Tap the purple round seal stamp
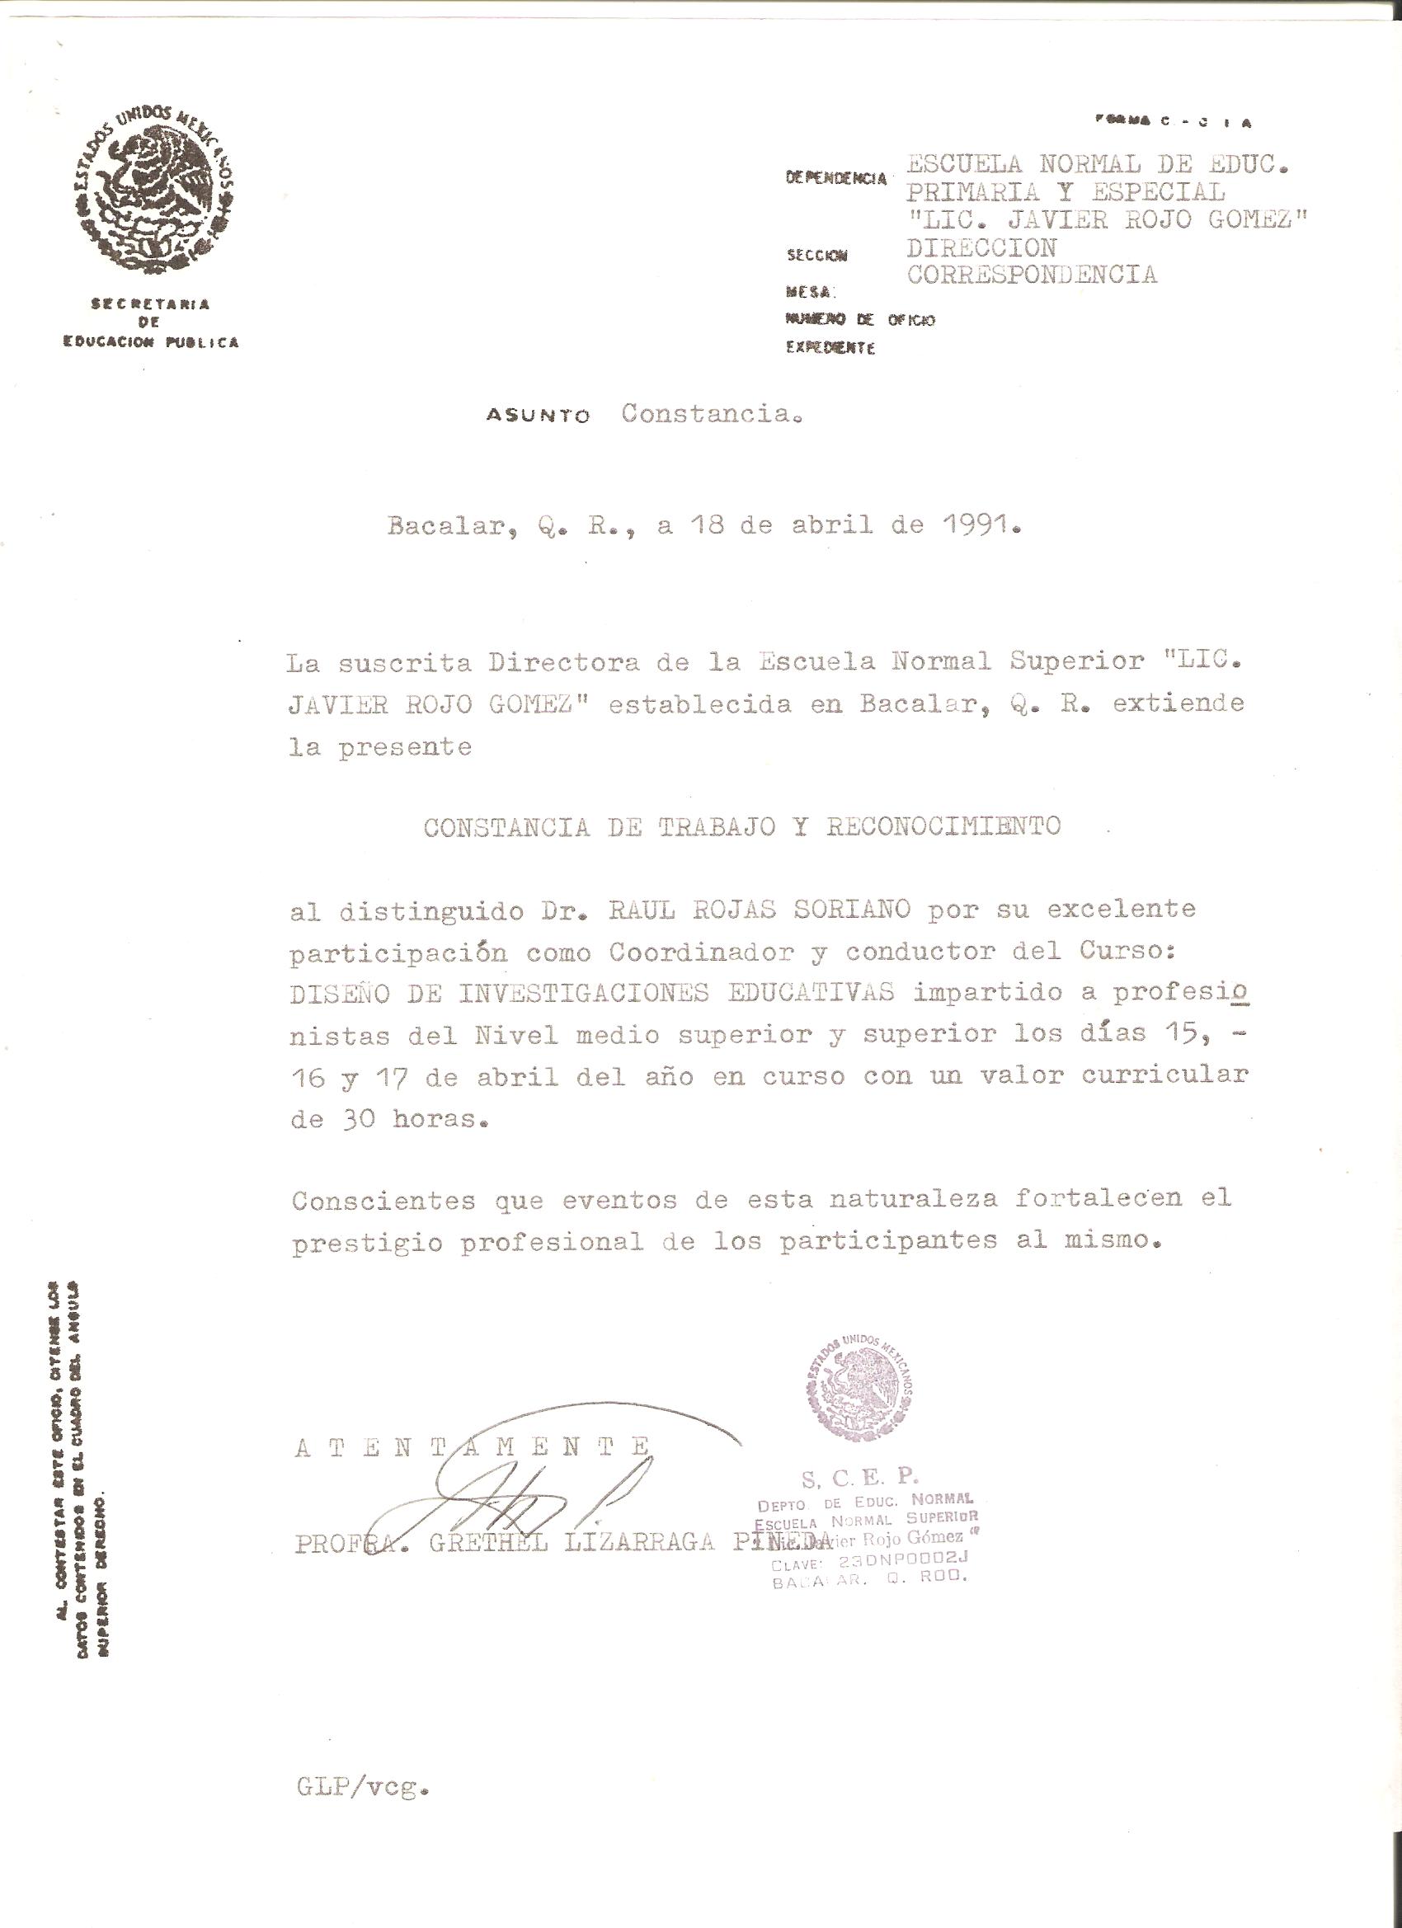859,1388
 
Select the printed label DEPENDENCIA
835,178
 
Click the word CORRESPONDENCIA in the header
1032,275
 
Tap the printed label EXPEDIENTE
830,349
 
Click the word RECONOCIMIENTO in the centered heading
943,826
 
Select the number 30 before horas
357,1120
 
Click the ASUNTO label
538,416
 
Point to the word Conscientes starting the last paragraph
383,1201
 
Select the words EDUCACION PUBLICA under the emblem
152,342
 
